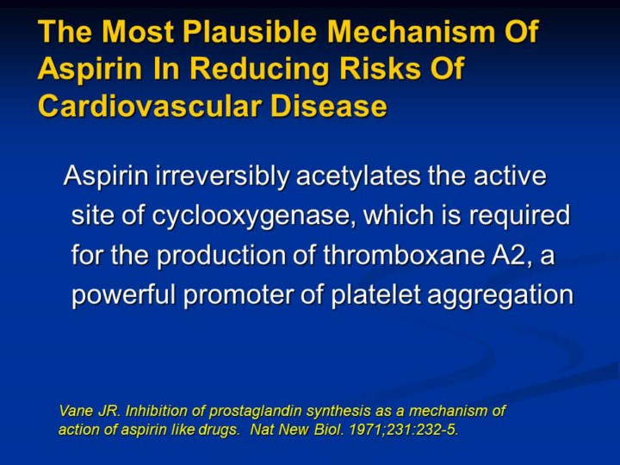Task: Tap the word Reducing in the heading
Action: click(x=259, y=68)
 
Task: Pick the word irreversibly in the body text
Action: click(x=222, y=176)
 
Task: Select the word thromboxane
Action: click(x=404, y=255)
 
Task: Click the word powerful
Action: click(x=123, y=295)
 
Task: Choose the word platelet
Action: click(x=375, y=294)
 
